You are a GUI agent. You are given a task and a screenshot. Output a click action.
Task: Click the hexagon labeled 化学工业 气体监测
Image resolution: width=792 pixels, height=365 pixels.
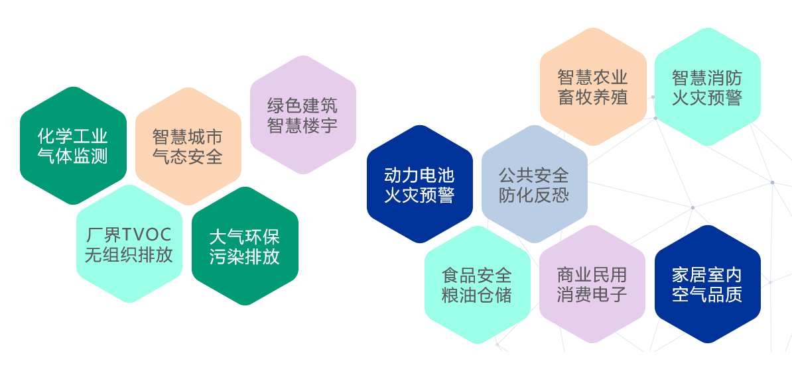(x=73, y=146)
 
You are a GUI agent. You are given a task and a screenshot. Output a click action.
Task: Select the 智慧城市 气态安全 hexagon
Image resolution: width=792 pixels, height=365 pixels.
(x=188, y=146)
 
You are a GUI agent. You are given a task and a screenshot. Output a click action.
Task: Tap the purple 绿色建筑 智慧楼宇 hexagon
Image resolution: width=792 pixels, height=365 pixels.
(x=303, y=115)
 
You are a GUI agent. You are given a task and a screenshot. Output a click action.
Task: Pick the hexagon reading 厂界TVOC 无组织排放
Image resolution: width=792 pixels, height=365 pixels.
(x=129, y=244)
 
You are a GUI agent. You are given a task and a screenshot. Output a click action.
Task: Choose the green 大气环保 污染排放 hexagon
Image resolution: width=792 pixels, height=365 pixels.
(x=245, y=246)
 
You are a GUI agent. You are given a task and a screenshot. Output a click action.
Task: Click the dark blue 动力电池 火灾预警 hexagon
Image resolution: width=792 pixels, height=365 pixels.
(x=420, y=184)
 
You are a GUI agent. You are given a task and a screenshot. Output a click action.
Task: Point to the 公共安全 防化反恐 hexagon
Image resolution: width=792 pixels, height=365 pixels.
(x=535, y=184)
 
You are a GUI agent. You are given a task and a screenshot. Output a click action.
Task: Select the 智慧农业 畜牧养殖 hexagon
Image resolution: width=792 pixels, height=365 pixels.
(x=593, y=87)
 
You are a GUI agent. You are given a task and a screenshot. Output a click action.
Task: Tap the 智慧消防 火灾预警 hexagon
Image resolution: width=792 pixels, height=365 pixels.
(x=708, y=87)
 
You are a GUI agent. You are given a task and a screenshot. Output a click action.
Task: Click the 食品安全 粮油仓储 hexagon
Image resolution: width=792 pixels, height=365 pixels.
(x=478, y=285)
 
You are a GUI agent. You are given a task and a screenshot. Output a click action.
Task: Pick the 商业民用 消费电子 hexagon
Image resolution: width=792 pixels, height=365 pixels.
(x=592, y=284)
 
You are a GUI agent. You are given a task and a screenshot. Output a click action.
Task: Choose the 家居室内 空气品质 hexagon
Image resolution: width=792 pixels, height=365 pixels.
(x=708, y=284)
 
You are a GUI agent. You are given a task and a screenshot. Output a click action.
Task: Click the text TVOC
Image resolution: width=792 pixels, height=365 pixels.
(x=145, y=235)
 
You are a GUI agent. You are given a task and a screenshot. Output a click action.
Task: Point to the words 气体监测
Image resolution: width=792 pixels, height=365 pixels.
(x=73, y=156)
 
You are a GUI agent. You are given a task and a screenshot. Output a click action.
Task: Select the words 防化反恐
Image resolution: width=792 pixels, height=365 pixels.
(x=534, y=195)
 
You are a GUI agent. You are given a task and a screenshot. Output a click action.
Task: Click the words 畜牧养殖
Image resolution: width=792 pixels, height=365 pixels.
(x=592, y=97)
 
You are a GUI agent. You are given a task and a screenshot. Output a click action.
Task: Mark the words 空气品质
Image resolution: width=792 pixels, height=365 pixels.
(x=707, y=294)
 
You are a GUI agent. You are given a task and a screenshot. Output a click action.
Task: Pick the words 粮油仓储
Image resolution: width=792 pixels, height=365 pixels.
(x=477, y=295)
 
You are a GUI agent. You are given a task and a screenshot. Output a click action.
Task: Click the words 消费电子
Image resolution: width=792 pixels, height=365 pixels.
(x=592, y=294)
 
